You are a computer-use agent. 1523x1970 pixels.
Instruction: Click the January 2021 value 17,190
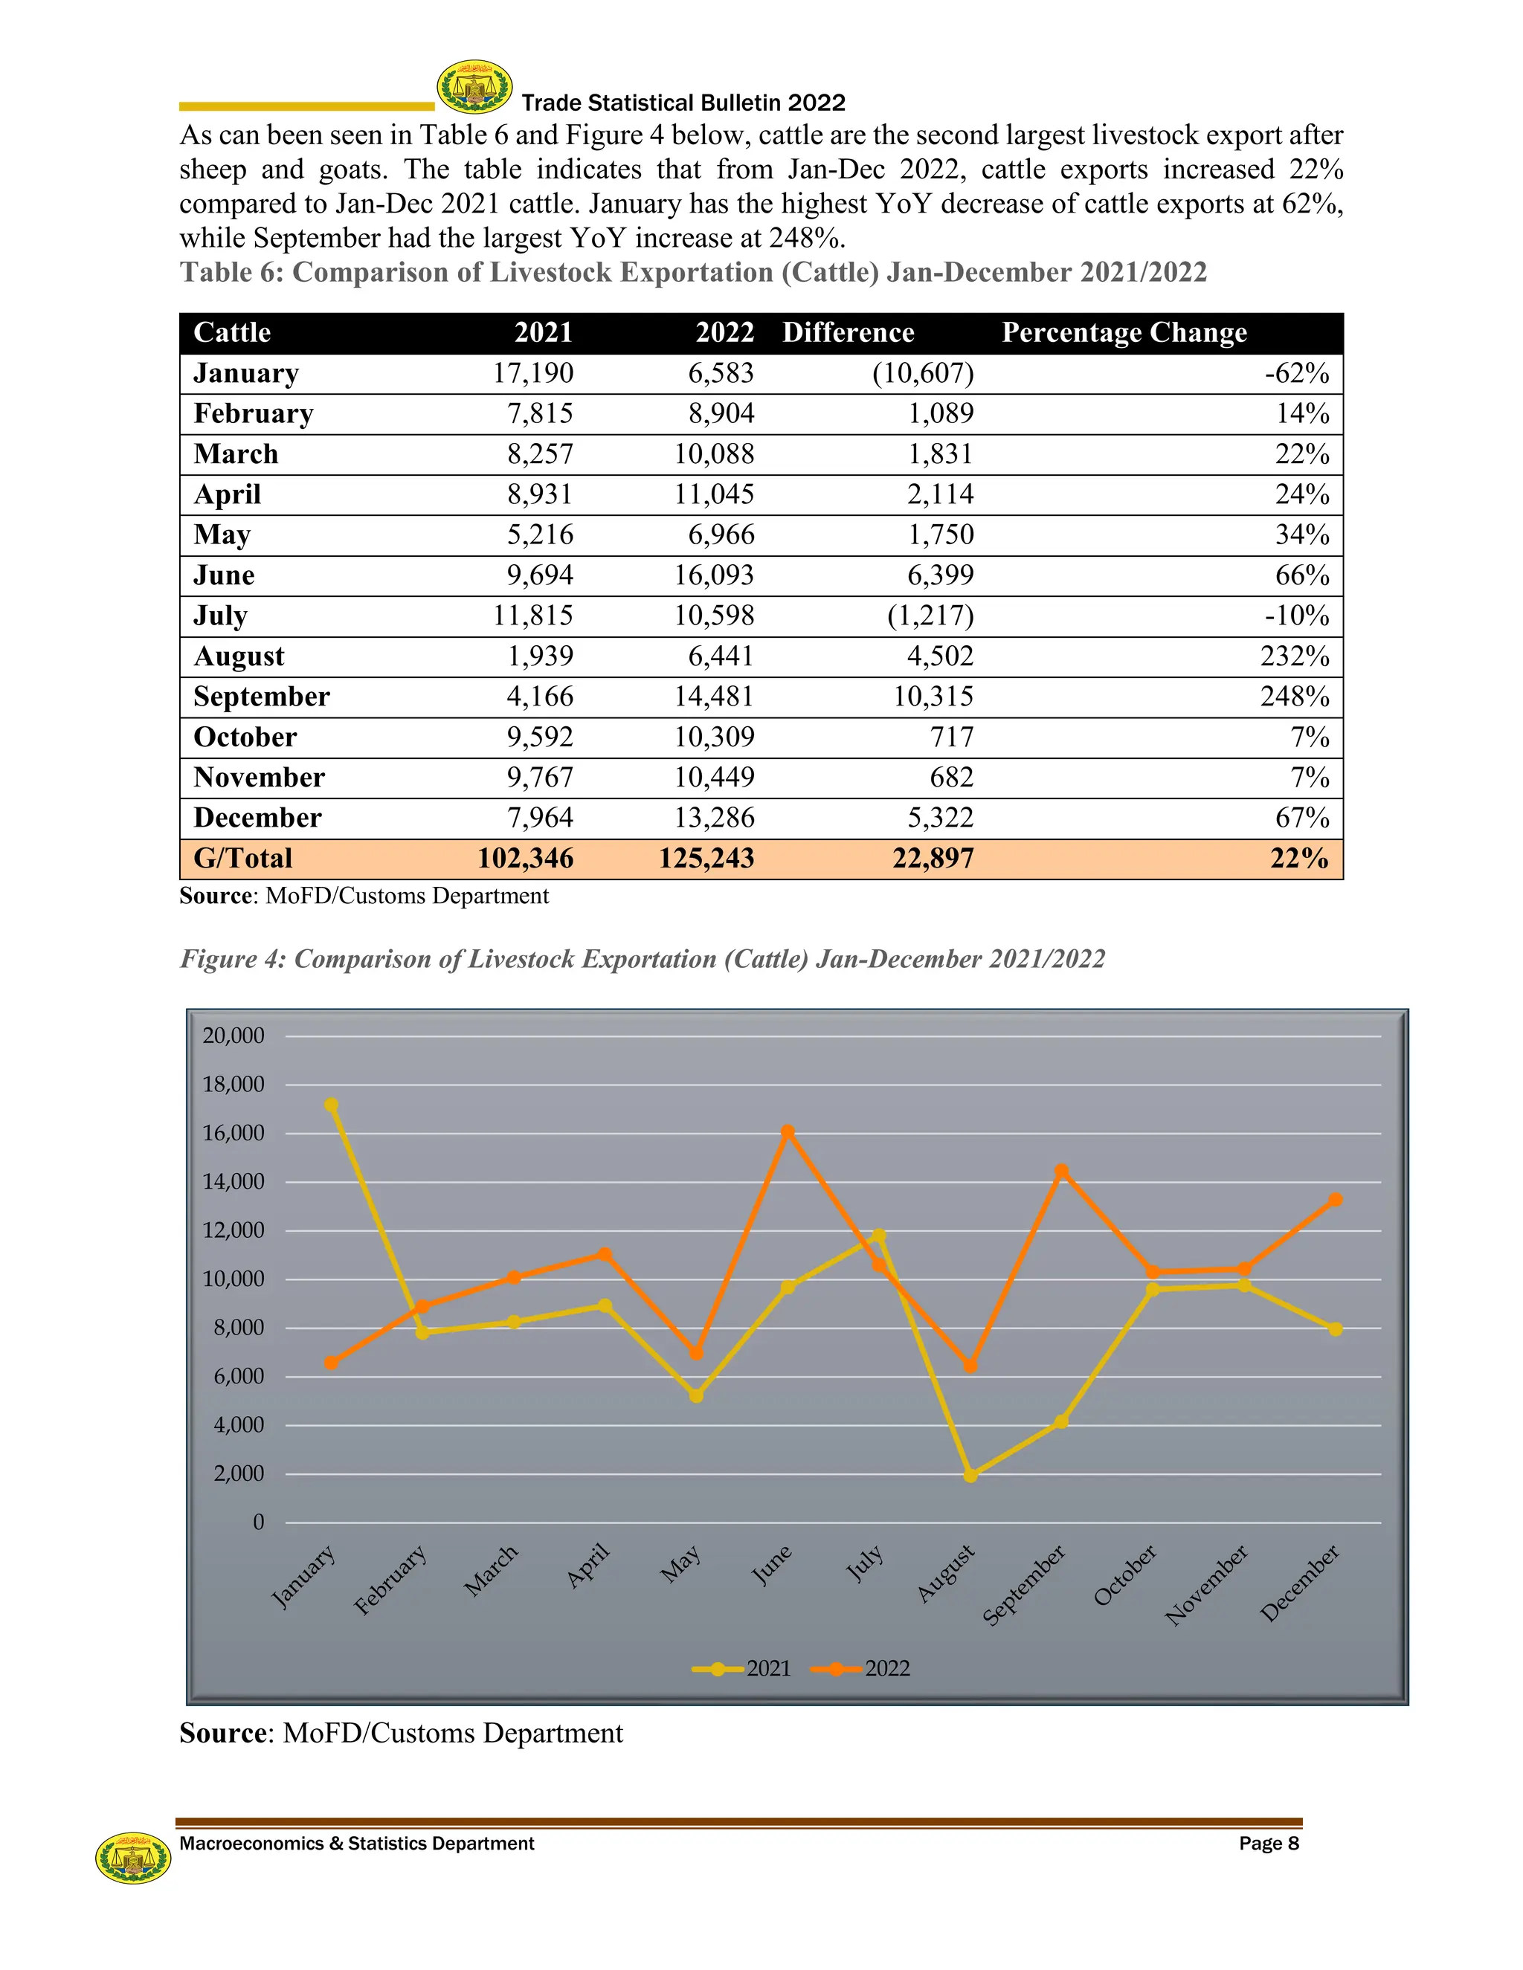pos(532,373)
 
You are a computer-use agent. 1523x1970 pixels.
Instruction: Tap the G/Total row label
pos(242,858)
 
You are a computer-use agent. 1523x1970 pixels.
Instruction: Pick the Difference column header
pos(848,333)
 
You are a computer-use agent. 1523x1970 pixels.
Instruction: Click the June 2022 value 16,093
pos(714,575)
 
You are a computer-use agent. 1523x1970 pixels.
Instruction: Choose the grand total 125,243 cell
pos(706,858)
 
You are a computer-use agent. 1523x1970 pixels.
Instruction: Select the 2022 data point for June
pos(788,1131)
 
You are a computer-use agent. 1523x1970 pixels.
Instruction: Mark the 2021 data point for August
pos(970,1476)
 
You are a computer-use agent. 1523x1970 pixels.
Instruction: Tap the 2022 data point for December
pos(1336,1200)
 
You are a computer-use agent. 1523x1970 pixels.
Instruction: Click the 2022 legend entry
pos(863,1669)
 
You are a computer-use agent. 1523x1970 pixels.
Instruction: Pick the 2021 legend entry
pos(744,1669)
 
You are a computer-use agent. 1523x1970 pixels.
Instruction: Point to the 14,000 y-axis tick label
pos(233,1182)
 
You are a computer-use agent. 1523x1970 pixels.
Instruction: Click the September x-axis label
pos(1024,1584)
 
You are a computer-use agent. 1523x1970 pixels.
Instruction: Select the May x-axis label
pos(680,1564)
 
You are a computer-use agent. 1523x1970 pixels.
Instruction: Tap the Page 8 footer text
pos(1268,1844)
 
